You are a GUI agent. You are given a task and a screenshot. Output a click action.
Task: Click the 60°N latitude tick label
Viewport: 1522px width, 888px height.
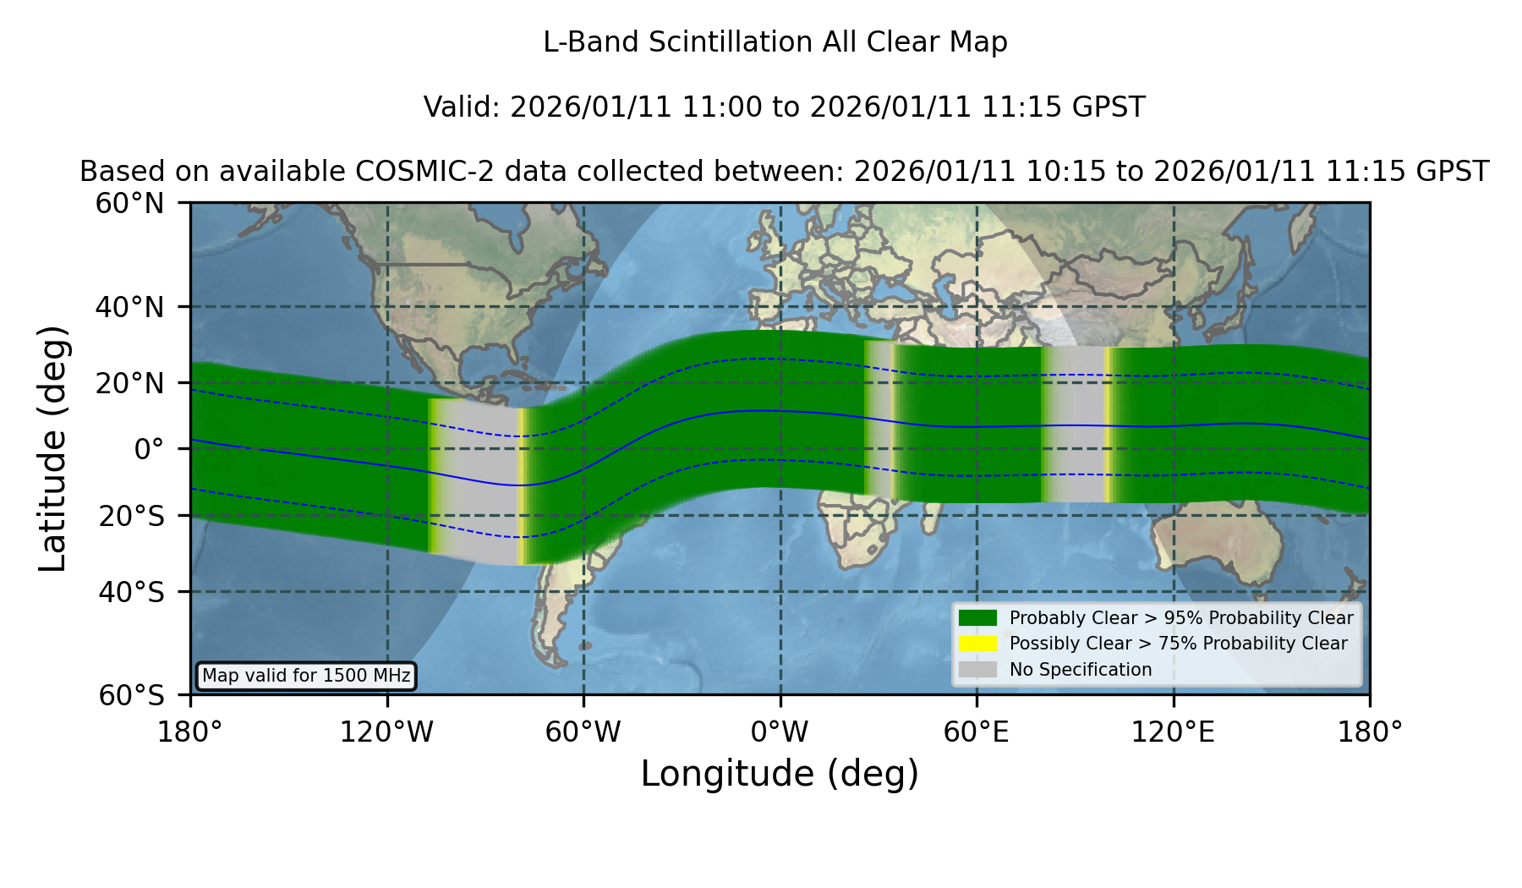(129, 204)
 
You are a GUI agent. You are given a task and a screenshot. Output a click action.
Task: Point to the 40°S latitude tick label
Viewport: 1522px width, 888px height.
(131, 592)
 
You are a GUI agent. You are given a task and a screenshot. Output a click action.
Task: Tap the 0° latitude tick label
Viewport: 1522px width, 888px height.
(149, 449)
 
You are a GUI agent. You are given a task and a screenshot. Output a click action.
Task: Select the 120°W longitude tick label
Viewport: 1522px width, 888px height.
(386, 732)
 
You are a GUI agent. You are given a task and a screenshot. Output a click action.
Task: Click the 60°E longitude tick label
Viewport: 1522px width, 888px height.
(977, 732)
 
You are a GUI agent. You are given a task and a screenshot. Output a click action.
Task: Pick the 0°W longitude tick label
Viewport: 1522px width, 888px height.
(780, 732)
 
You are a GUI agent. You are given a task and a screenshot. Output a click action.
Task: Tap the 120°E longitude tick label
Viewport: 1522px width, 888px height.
(1173, 732)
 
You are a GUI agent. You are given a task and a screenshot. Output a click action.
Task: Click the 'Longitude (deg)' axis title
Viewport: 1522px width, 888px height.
(780, 774)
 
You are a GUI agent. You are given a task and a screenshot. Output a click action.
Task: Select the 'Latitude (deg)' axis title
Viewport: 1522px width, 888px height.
(52, 448)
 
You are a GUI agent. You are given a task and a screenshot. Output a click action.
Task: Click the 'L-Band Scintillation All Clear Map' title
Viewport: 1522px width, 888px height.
(775, 42)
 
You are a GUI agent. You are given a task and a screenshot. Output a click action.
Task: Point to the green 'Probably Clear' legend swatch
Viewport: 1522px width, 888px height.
(977, 617)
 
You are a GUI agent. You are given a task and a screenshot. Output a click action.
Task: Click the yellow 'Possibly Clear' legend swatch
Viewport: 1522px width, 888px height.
(977, 644)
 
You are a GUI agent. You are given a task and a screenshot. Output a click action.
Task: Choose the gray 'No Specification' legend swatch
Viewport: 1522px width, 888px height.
(977, 670)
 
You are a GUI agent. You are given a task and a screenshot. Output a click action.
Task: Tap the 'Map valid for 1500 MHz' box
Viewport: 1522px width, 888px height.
(306, 676)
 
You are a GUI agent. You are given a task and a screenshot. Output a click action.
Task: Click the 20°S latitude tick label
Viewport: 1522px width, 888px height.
(131, 516)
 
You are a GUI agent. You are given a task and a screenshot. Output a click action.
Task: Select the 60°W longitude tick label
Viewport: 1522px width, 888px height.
(583, 732)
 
